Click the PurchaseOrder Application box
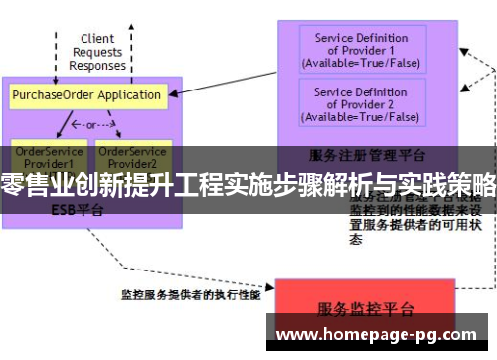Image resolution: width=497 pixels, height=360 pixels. pyautogui.click(x=87, y=96)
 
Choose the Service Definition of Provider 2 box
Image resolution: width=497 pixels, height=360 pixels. pyautogui.click(x=361, y=104)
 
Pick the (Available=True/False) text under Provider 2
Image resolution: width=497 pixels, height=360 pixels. pyautogui.click(x=361, y=116)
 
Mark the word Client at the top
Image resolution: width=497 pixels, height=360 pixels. pyautogui.click(x=97, y=39)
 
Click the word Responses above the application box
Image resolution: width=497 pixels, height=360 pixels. pyautogui.click(x=97, y=65)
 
